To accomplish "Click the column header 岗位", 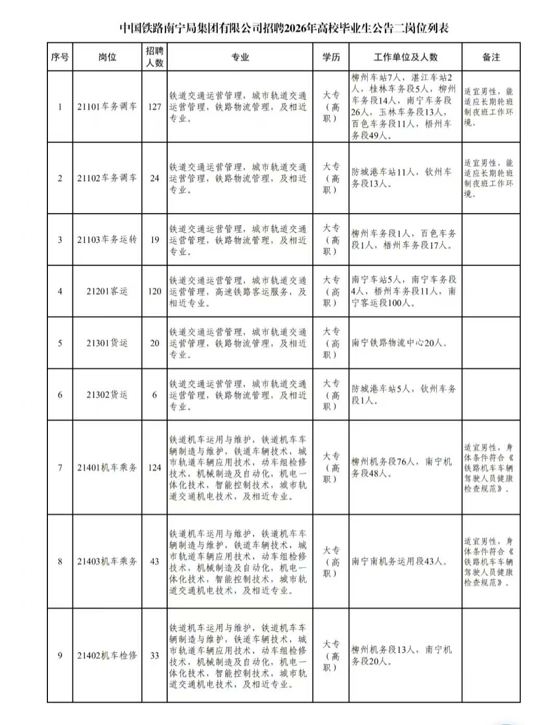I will [x=107, y=57].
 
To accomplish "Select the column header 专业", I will [x=240, y=57].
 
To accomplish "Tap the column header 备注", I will [x=490, y=57].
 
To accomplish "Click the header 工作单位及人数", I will [x=405, y=57].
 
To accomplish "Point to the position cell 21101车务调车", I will [x=107, y=107].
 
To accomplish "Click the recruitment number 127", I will [x=154, y=107].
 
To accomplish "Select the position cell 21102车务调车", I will [x=107, y=178].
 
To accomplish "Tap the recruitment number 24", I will [x=154, y=178].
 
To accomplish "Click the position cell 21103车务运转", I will [x=107, y=240].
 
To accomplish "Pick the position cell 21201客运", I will [x=107, y=291].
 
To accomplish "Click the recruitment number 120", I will [x=154, y=291].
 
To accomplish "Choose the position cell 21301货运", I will [x=107, y=343].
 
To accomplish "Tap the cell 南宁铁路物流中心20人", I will [x=399, y=343].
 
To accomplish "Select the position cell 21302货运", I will [x=107, y=394].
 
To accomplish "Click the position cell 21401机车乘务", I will [x=107, y=467].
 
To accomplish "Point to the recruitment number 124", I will [x=154, y=467].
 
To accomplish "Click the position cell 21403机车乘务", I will [x=107, y=561].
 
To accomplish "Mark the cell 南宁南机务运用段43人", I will [x=399, y=561].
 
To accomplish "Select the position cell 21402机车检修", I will [x=107, y=655].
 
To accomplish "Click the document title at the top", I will [x=284, y=28].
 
